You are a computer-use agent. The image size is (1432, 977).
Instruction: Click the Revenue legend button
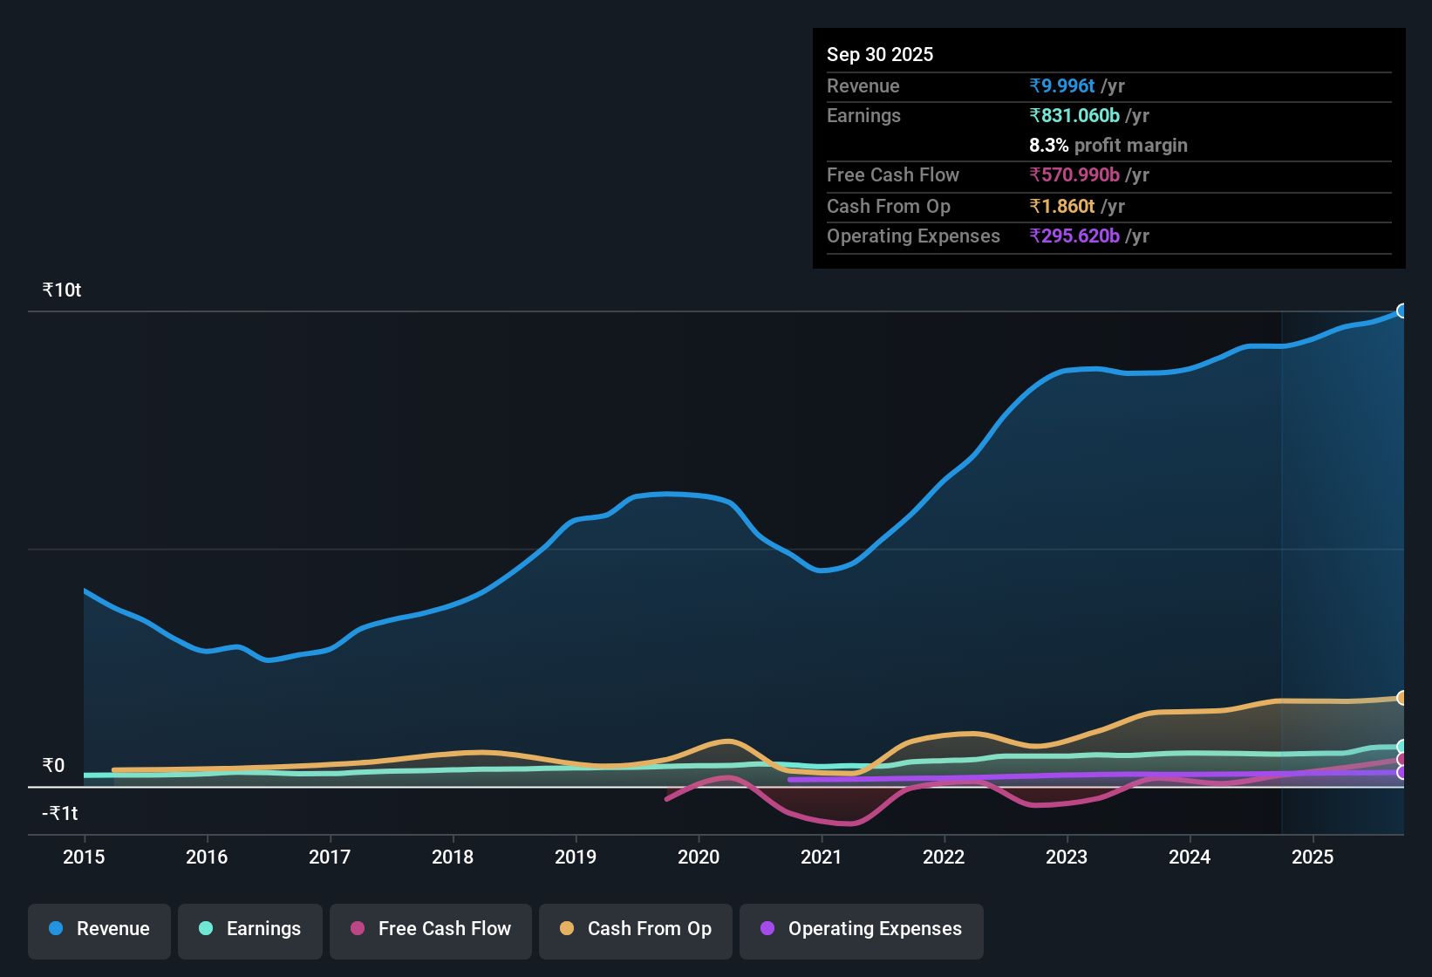pos(99,930)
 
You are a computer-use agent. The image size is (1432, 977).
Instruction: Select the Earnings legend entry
pos(250,930)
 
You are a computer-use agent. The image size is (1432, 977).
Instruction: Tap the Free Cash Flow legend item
pos(431,930)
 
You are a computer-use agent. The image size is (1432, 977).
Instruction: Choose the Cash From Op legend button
pos(636,930)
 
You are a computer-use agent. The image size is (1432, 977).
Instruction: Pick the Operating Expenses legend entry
pos(862,930)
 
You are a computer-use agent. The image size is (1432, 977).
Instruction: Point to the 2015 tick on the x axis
pos(84,857)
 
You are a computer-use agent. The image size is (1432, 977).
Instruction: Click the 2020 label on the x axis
pos(699,857)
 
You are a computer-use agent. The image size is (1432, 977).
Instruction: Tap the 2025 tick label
pos(1313,857)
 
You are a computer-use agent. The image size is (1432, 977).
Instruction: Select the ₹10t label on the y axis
pos(62,290)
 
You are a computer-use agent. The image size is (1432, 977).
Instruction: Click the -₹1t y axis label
pos(60,814)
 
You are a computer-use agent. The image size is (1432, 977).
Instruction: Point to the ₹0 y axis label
pos(54,766)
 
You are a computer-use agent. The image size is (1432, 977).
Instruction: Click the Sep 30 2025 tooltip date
pos(880,55)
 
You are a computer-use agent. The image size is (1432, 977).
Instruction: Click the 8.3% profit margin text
pos(1108,146)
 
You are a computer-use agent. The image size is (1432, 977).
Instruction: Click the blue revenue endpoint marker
pos(1401,311)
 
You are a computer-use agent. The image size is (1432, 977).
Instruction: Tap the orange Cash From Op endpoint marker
pos(1401,698)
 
